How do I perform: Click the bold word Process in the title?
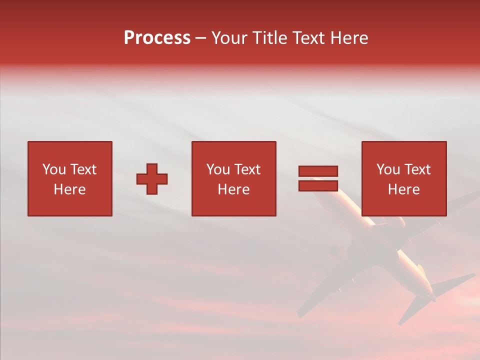(x=157, y=38)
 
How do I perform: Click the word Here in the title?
(x=350, y=38)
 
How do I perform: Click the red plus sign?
(x=152, y=179)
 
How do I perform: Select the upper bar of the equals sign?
(x=318, y=171)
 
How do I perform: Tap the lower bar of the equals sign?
(x=318, y=186)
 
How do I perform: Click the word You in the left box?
(x=54, y=169)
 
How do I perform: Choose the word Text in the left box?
(x=83, y=169)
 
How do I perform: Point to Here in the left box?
(x=69, y=189)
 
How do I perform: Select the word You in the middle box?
(x=218, y=169)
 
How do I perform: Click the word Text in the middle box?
(x=247, y=169)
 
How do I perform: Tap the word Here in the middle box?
(x=233, y=189)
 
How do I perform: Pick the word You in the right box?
(x=388, y=169)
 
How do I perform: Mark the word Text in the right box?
(x=417, y=169)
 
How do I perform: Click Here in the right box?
(x=403, y=189)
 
